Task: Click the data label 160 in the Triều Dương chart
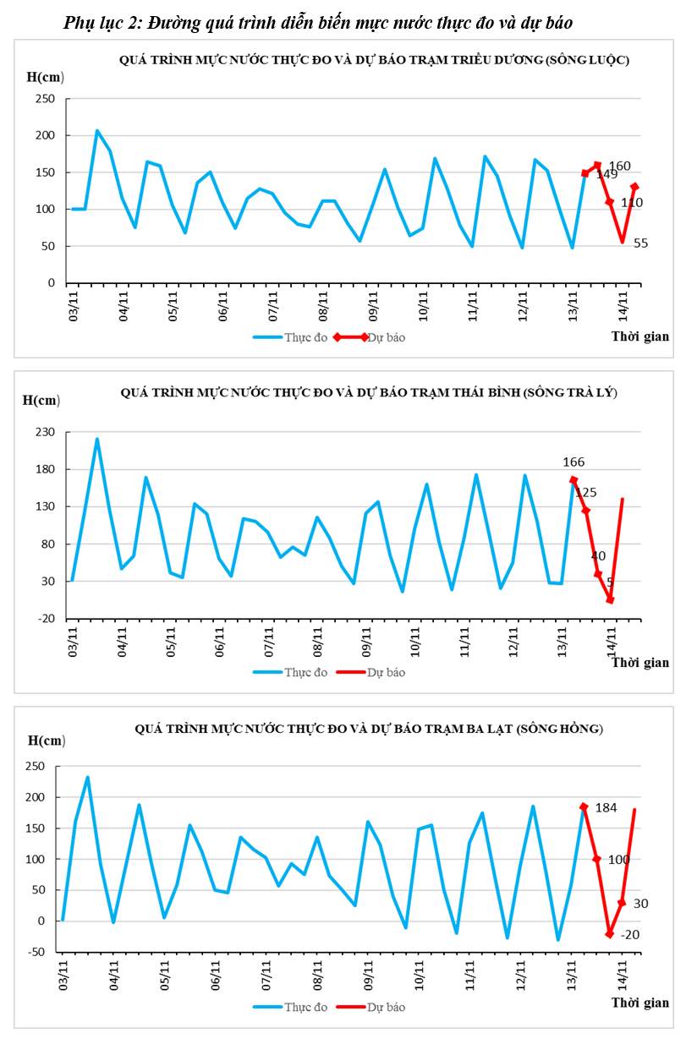619,167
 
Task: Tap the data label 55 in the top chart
640,243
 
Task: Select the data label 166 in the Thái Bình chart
573,462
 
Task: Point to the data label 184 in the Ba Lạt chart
606,808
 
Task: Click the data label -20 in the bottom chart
629,935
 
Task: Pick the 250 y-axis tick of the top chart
45,99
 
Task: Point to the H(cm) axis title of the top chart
46,77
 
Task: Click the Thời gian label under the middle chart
640,662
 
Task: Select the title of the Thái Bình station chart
369,392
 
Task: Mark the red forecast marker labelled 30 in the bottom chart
622,903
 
